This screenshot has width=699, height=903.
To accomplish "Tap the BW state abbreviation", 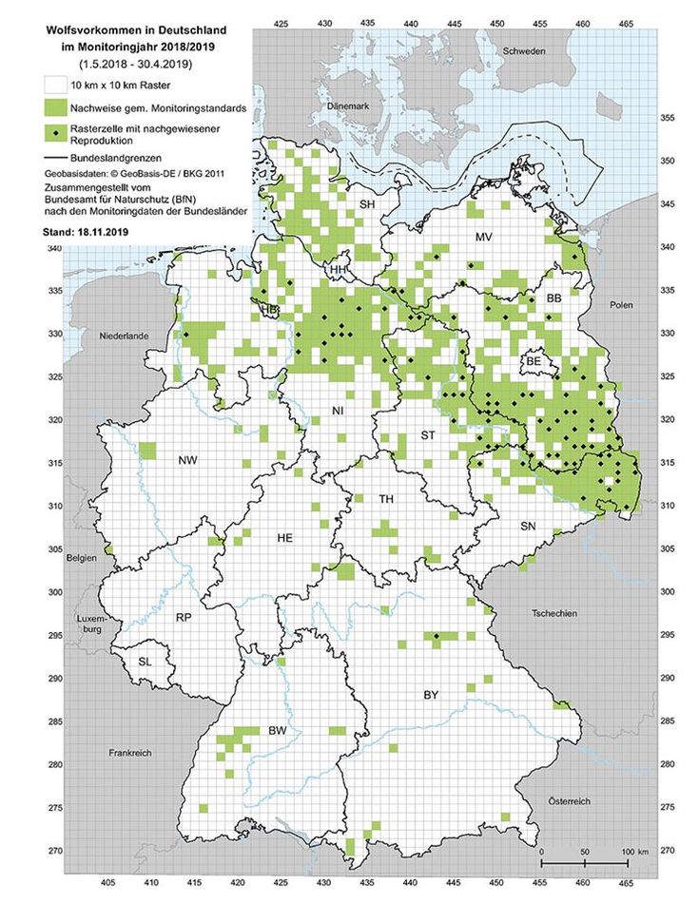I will (x=277, y=730).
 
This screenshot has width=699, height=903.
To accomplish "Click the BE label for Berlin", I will (x=534, y=362).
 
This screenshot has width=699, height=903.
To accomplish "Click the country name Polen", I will (x=622, y=307).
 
